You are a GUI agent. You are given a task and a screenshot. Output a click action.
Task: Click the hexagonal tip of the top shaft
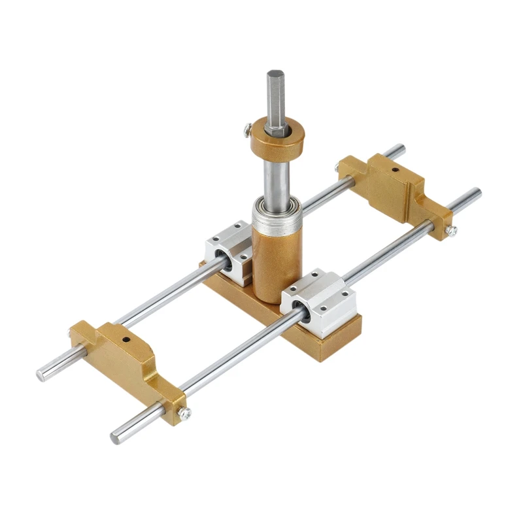click(275, 92)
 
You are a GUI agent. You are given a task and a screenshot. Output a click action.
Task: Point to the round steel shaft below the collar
click(275, 177)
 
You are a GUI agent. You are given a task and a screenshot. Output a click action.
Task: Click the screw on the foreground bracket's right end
click(185, 413)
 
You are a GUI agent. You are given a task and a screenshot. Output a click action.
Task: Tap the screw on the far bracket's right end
click(451, 229)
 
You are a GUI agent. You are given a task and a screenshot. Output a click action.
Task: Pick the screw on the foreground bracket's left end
click(71, 335)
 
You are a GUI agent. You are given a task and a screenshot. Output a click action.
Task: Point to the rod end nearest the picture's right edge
click(477, 194)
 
